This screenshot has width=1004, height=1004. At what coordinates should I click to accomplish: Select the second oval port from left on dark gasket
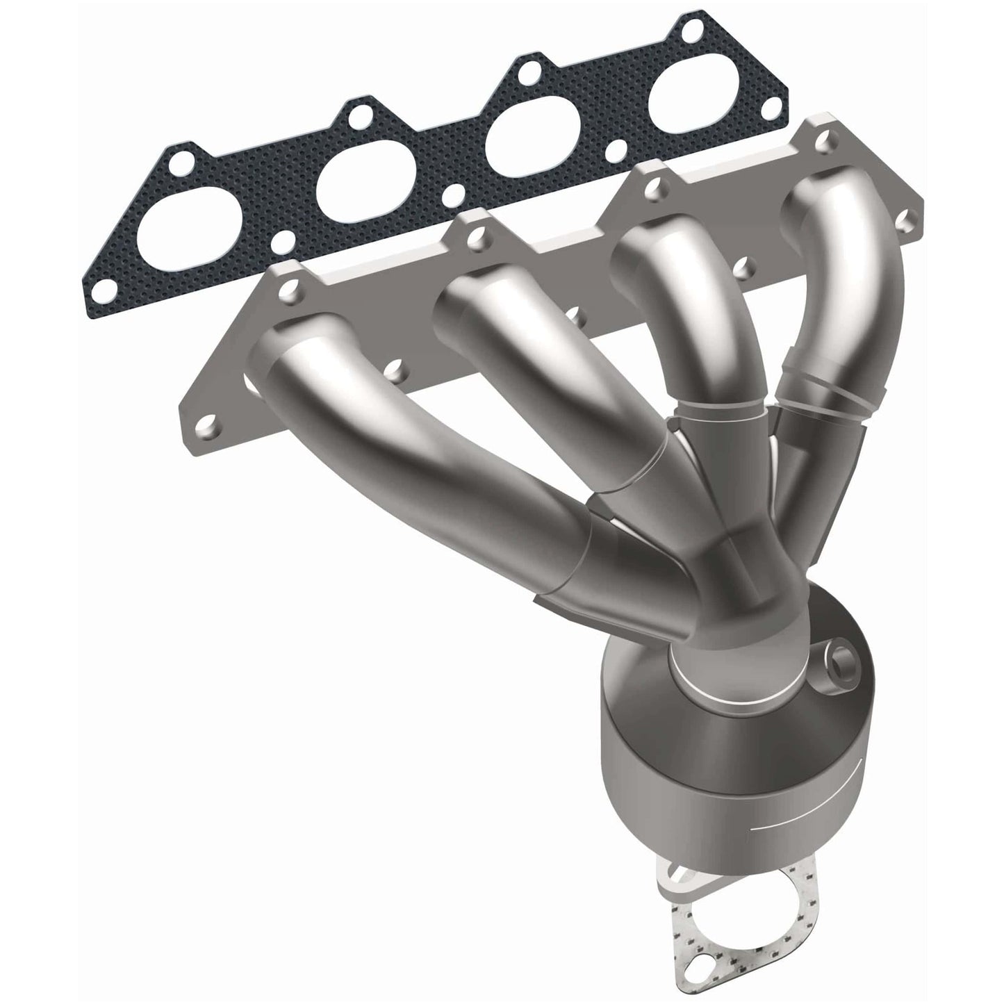[x=358, y=188]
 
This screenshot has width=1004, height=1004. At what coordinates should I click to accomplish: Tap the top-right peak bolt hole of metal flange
[x=825, y=124]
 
